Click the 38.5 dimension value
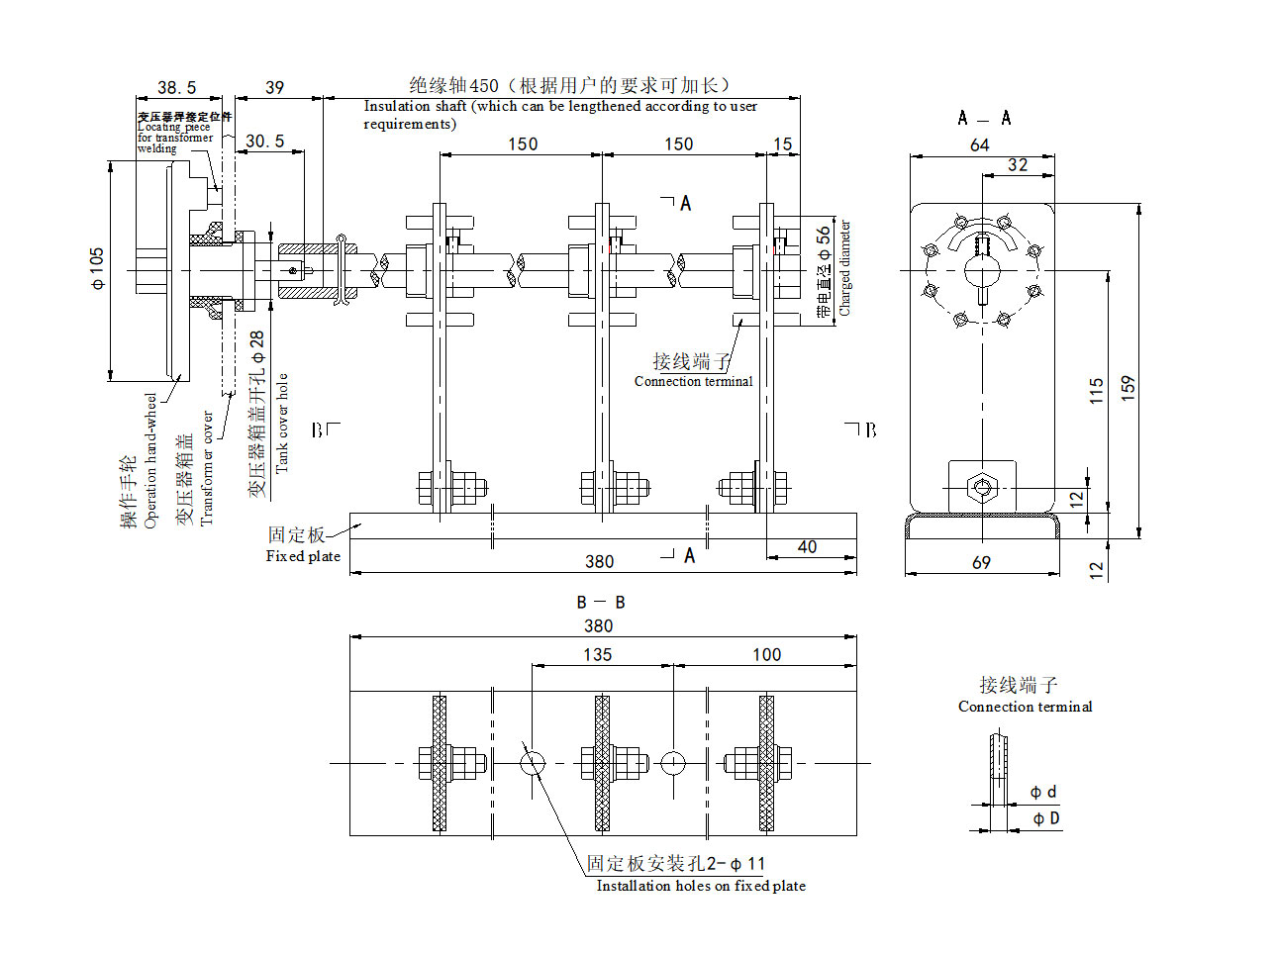point(177,88)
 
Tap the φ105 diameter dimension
point(97,269)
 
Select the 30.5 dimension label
point(264,142)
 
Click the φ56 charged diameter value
point(824,244)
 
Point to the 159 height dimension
point(1127,387)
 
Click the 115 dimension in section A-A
point(1096,390)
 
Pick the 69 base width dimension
point(981,562)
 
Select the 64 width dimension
point(979,145)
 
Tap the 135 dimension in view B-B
point(597,655)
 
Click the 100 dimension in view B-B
point(766,655)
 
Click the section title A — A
point(984,119)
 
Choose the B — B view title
point(601,603)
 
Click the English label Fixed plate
point(303,556)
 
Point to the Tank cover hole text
point(282,423)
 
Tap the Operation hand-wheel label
point(150,460)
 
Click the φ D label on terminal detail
point(1046,818)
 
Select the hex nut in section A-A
point(981,487)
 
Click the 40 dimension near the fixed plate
point(807,547)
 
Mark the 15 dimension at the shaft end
point(782,144)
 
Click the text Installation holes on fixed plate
point(701,886)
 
